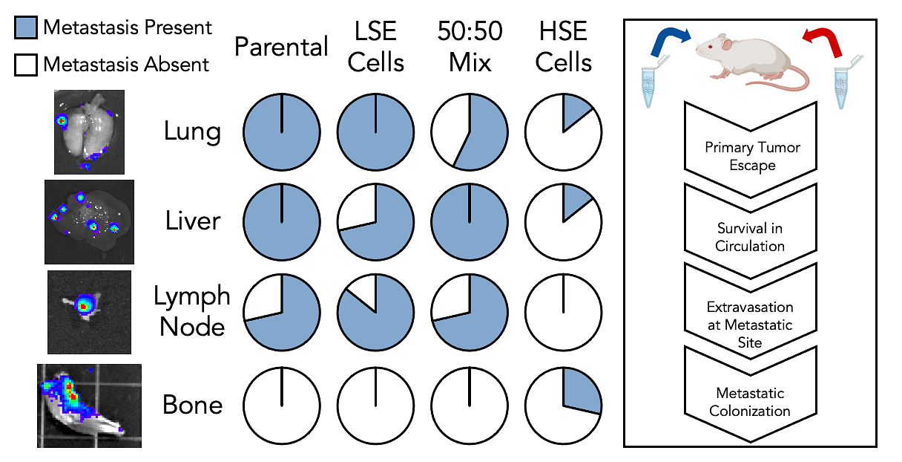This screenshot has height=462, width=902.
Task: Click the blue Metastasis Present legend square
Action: pyautogui.click(x=25, y=28)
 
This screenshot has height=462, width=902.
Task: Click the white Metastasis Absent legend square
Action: pyautogui.click(x=25, y=65)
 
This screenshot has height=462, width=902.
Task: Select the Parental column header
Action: pyautogui.click(x=281, y=48)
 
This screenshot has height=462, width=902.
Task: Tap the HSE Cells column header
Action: pyautogui.click(x=563, y=46)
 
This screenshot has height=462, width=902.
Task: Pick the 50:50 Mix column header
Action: pyautogui.click(x=470, y=46)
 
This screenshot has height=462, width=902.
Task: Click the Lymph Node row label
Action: pyautogui.click(x=192, y=310)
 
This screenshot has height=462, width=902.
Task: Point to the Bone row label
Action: pyautogui.click(x=192, y=405)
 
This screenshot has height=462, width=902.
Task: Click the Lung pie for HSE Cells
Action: pyautogui.click(x=563, y=133)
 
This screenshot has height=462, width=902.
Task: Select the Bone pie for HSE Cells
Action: pyautogui.click(x=563, y=405)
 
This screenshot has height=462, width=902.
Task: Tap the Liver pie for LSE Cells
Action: pyautogui.click(x=376, y=222)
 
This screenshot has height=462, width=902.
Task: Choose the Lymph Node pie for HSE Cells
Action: pyautogui.click(x=563, y=313)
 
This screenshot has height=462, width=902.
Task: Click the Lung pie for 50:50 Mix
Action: pyautogui.click(x=470, y=133)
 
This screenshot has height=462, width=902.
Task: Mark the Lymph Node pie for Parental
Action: pyautogui.click(x=282, y=313)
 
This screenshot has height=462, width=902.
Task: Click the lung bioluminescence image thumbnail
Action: pyautogui.click(x=88, y=131)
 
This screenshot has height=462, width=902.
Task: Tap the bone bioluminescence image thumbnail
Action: pyautogui.click(x=89, y=405)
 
